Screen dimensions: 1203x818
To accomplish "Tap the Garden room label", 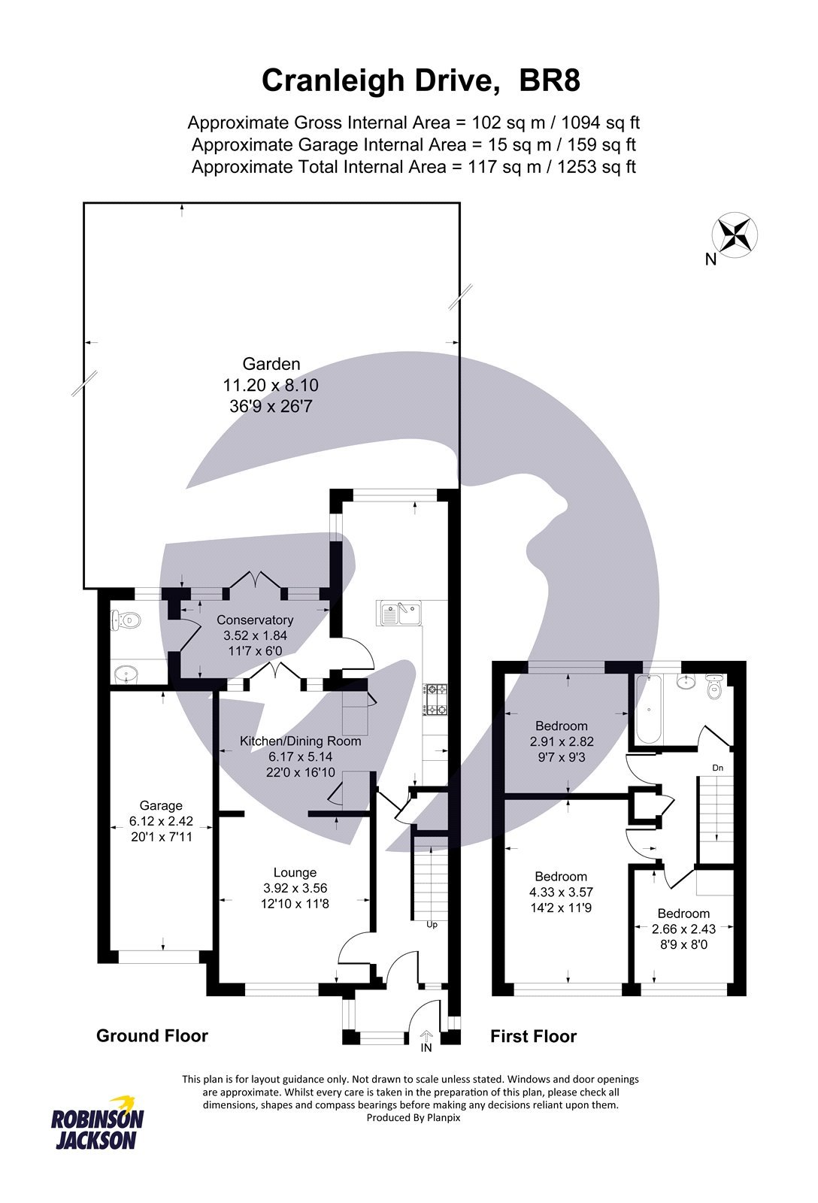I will [271, 364].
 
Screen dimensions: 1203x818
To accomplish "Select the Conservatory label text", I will [255, 620].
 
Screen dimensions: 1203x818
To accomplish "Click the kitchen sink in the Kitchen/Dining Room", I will [400, 613].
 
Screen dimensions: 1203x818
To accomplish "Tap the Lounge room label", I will [295, 872].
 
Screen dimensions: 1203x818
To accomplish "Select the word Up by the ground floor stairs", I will [432, 925].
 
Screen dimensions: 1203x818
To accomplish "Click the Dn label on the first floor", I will [718, 768].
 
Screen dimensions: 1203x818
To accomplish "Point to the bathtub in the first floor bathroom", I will [648, 709].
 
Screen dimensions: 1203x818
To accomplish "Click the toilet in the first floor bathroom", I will [714, 686].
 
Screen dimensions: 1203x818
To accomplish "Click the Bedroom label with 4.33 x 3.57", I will [561, 877].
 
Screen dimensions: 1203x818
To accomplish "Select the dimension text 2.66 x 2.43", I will [683, 929].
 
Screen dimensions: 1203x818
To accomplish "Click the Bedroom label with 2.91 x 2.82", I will [561, 726].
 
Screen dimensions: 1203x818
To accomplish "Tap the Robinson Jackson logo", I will [97, 1123].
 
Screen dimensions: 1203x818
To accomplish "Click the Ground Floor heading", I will [152, 1035].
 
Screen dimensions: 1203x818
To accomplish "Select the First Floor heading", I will [533, 1036].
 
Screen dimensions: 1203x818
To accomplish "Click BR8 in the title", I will [550, 80].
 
